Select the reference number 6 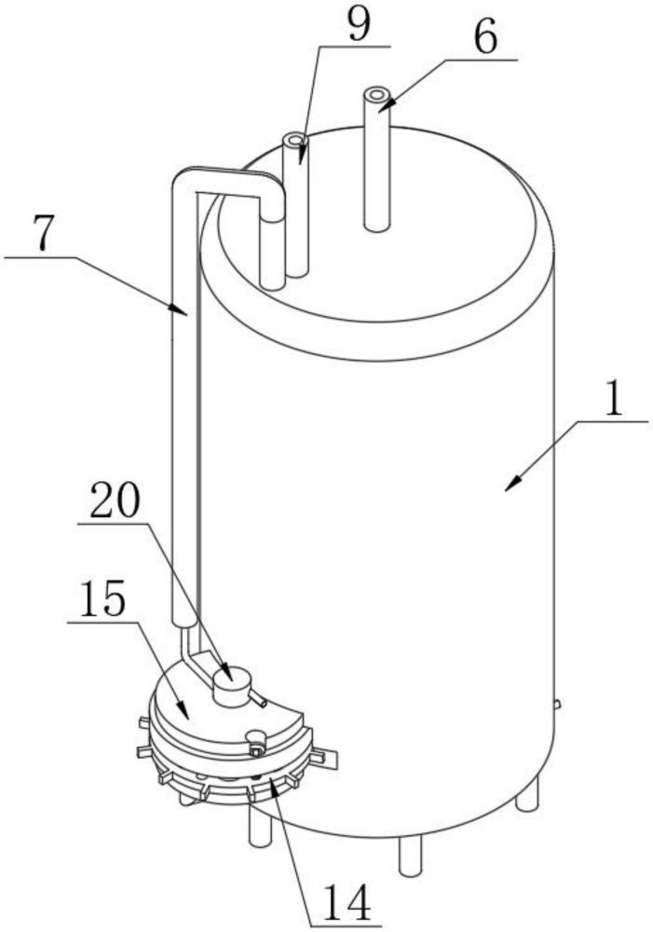tap(485, 38)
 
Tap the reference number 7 tap(44, 236)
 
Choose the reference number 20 tap(115, 500)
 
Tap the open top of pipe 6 tap(376, 94)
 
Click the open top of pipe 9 tap(293, 141)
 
